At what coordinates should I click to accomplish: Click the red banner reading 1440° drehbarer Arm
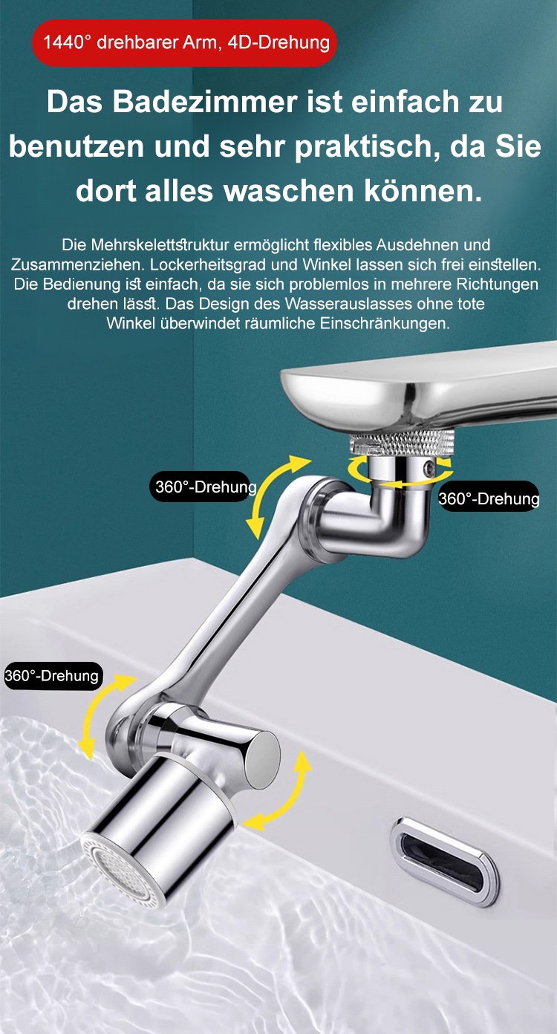pyautogui.click(x=184, y=43)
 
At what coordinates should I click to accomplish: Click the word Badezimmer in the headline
pyautogui.click(x=205, y=102)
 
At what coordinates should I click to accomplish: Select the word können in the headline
pyautogui.click(x=423, y=191)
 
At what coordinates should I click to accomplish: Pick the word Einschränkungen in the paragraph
pyautogui.click(x=385, y=324)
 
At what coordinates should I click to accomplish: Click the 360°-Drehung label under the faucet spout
pyautogui.click(x=489, y=498)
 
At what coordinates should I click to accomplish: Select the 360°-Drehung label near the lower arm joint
pyautogui.click(x=52, y=676)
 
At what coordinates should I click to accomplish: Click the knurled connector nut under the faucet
pyautogui.click(x=402, y=443)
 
